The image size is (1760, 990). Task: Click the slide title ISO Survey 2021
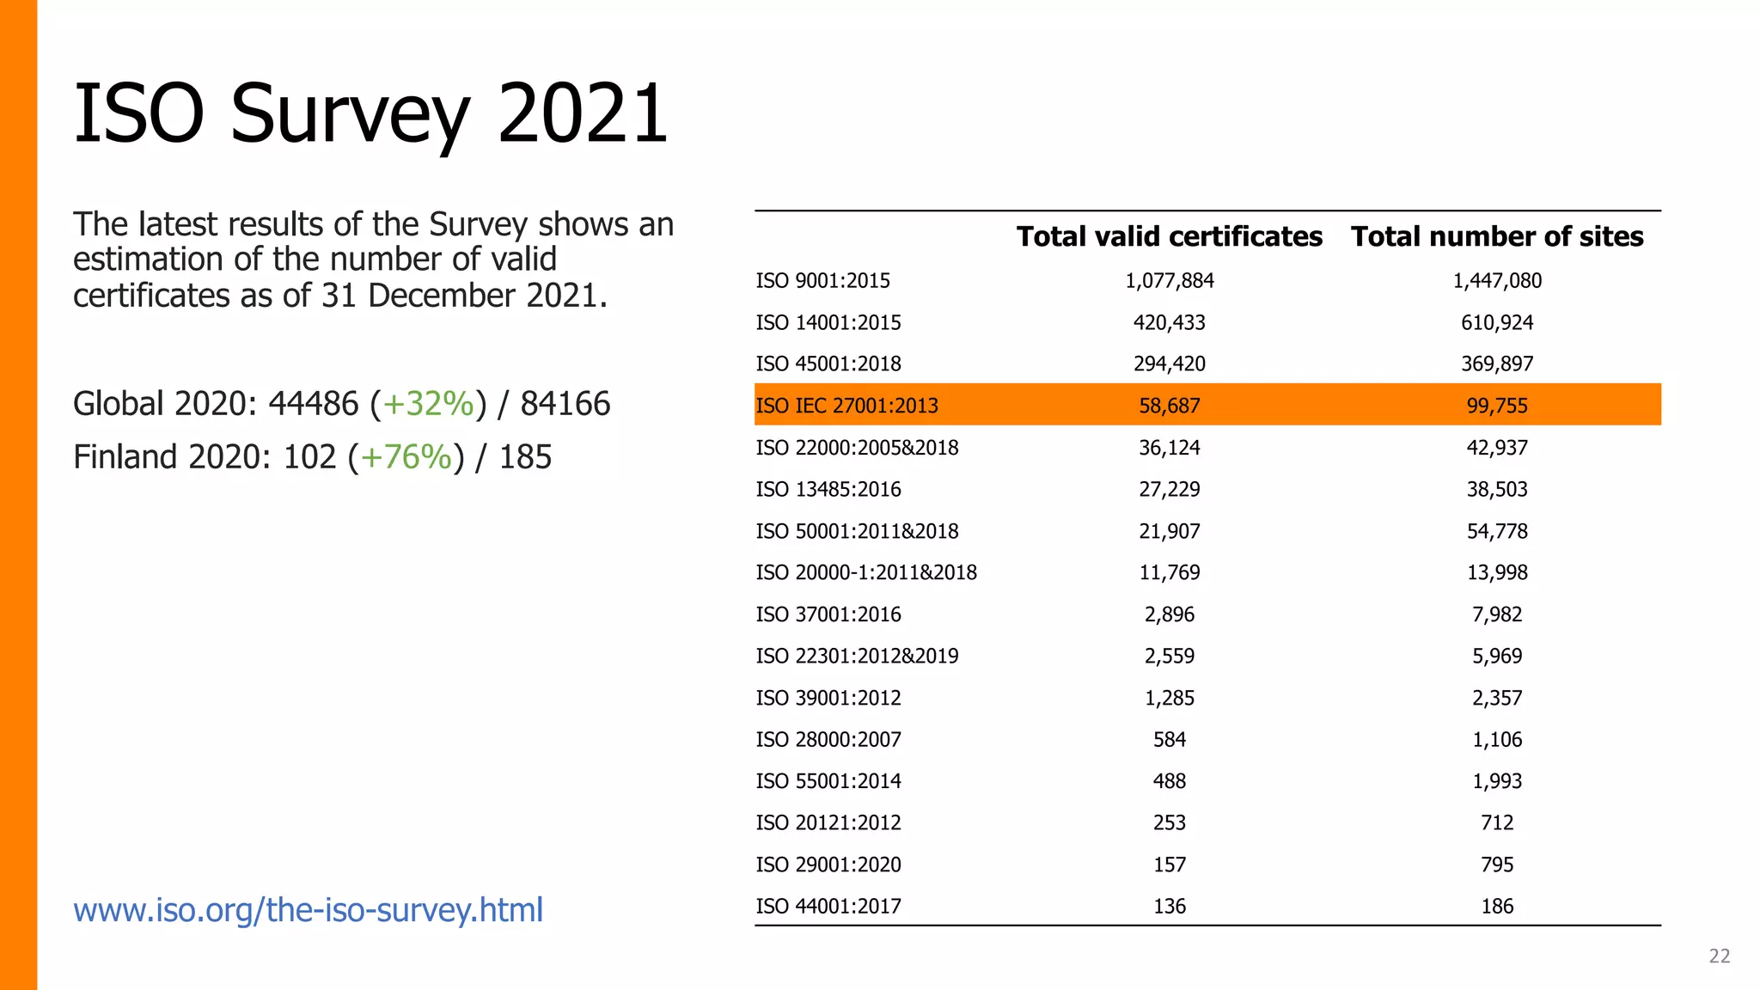[370, 113]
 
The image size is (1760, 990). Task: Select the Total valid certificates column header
[1169, 236]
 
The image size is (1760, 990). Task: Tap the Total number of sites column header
[1496, 236]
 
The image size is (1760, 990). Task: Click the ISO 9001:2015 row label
[822, 281]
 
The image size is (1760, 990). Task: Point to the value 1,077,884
[1169, 281]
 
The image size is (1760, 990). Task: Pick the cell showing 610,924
[1496, 323]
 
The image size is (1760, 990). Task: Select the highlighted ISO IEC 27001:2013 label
[846, 406]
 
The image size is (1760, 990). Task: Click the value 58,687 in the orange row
[1169, 406]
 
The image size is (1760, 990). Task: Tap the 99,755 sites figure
[1496, 406]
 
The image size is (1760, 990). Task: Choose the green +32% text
[428, 404]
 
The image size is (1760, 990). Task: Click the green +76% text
[406, 457]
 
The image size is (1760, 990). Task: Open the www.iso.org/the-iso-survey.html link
[308, 909]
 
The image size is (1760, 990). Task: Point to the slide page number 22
[1719, 956]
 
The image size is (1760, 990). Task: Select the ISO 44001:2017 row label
[828, 907]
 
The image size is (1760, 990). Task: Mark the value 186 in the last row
[1496, 907]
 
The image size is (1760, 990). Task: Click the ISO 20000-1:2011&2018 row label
[865, 573]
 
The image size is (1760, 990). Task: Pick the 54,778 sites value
[1496, 531]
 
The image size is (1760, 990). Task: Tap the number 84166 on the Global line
[565, 404]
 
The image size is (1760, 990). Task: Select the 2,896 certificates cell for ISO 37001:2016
[1169, 614]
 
